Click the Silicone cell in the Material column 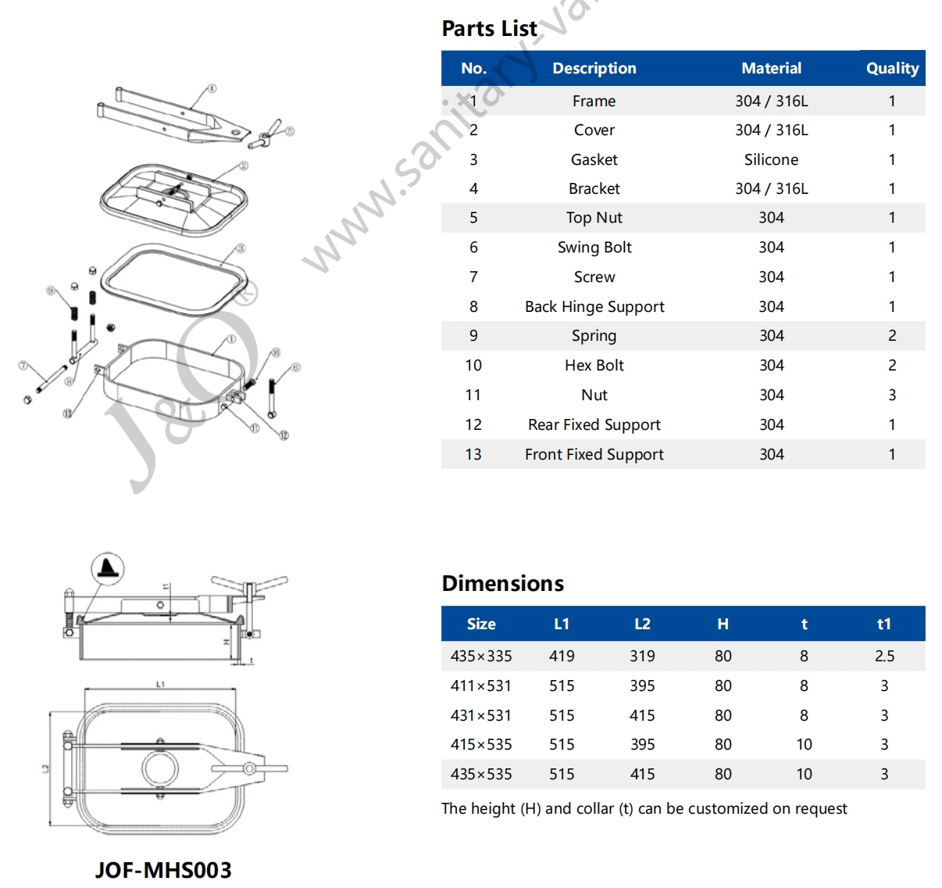[x=771, y=159]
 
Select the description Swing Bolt [x=594, y=248]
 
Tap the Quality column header [x=892, y=68]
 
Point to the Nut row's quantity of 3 [x=892, y=395]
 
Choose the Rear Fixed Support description [x=594, y=424]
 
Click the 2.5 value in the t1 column [x=884, y=656]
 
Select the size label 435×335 [x=481, y=656]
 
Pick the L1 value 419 [x=562, y=656]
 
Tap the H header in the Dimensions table [x=723, y=624]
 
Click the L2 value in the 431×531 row [x=642, y=715]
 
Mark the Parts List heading [x=489, y=29]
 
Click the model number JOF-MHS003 [x=163, y=870]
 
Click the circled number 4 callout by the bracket [x=212, y=89]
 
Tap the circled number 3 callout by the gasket [x=241, y=249]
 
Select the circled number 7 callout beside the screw [x=23, y=365]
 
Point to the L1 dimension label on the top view [x=160, y=685]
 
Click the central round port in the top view [x=161, y=769]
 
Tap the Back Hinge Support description [x=594, y=306]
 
